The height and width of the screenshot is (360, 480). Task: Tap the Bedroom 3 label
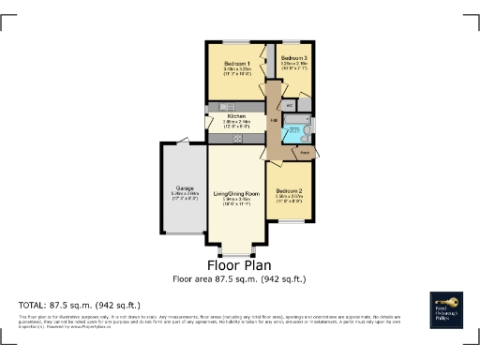pos(293,58)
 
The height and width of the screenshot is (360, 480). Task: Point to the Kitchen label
pos(236,116)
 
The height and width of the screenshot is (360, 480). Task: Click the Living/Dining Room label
pos(236,192)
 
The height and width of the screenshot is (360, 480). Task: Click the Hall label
pos(274,121)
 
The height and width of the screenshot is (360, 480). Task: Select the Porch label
pos(304,151)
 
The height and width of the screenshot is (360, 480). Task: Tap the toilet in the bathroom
pos(308,125)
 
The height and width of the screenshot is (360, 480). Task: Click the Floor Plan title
pos(239,265)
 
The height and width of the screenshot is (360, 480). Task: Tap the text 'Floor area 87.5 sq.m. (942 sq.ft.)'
pos(239,279)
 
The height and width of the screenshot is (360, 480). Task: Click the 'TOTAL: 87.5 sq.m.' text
pos(79,306)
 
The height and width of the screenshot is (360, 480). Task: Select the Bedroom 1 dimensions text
pos(236,71)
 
